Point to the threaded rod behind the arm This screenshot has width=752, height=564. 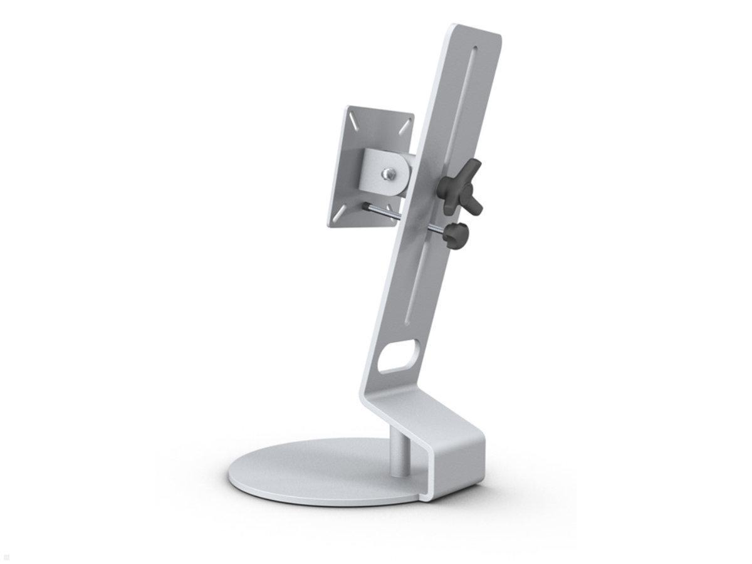[x=384, y=215]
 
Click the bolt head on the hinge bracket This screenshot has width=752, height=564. [x=390, y=172]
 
